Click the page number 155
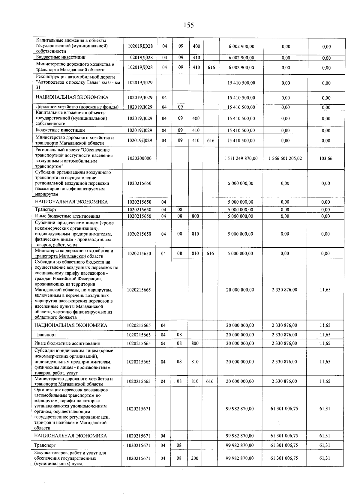pos(189,25)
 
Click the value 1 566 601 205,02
pos(285,158)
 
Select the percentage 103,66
pos(326,158)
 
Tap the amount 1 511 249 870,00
pos(241,158)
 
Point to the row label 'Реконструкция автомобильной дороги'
pos(75,77)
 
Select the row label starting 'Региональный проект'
pos(72,150)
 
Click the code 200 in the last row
pos(195,458)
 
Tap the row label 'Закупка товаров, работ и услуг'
pos(70,453)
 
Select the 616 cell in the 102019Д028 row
pos(211,67)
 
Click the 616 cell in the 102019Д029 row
pos(211,140)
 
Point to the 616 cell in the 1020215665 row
pos(210,381)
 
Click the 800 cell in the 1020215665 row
pos(195,343)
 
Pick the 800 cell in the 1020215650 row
pos(195,216)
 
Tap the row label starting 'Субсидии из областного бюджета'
pos(72,262)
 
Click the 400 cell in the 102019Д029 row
pos(196,118)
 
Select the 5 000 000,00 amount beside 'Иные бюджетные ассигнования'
pos(240,216)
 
